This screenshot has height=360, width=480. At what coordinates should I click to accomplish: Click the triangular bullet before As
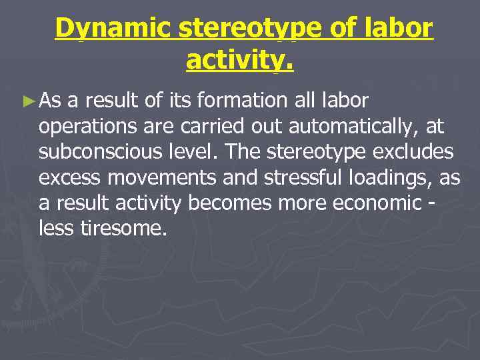[x=27, y=102]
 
